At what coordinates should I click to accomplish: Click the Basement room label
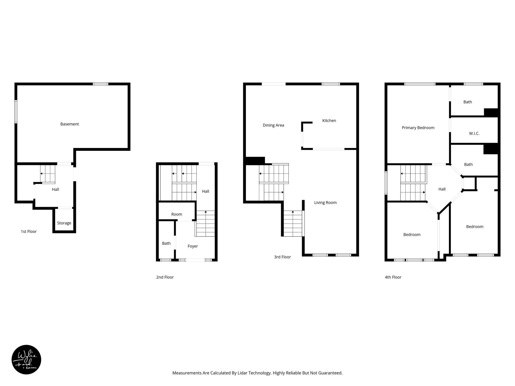click(69, 124)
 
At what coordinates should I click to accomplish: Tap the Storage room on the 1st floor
click(64, 223)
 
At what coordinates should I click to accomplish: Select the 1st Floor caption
click(29, 231)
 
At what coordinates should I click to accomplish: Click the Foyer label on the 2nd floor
click(193, 246)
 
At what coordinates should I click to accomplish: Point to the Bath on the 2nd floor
click(166, 243)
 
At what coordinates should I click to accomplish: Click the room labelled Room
click(177, 214)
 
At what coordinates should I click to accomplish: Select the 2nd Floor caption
click(165, 277)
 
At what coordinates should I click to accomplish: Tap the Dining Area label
click(273, 125)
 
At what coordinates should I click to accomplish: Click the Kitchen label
click(329, 121)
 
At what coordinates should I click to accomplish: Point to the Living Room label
click(325, 203)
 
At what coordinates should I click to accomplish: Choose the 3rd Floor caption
click(282, 257)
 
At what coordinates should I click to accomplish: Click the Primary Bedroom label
click(418, 128)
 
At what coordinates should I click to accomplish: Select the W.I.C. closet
click(474, 133)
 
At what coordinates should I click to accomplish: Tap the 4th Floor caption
click(393, 277)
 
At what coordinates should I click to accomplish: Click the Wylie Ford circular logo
click(26, 360)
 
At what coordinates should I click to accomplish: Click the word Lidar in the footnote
click(242, 373)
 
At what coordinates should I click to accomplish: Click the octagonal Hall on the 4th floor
click(442, 189)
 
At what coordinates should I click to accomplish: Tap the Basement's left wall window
click(16, 112)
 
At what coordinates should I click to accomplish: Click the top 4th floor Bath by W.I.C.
click(467, 102)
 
